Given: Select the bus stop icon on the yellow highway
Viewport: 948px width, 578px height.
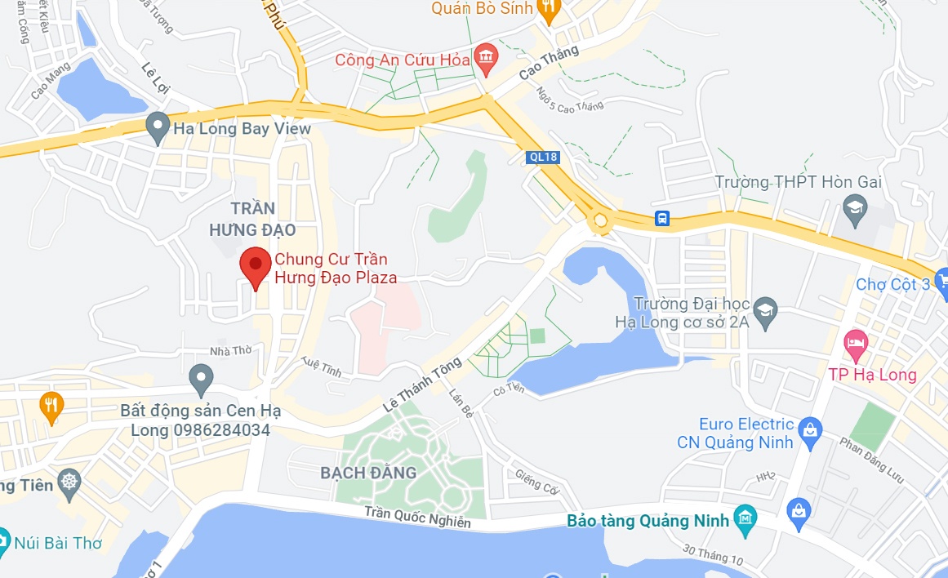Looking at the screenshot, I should point(662,218).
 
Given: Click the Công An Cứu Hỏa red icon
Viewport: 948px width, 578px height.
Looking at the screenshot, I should point(487,56).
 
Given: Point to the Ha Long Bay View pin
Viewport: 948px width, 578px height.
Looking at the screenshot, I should point(157,127).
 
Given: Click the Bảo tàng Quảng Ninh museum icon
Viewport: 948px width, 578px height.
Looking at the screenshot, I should point(745,520).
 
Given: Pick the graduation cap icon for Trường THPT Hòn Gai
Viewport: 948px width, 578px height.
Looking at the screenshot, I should point(855,205).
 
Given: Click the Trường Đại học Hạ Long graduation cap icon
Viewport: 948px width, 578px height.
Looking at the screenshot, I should point(765,310).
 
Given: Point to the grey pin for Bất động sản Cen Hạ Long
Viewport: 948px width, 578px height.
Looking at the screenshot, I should point(201,378).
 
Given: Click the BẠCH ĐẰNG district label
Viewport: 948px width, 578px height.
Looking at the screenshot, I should point(368,473).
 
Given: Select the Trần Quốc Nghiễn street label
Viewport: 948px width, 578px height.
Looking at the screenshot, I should point(418,517).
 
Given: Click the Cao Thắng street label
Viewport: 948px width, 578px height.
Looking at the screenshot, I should point(549,62).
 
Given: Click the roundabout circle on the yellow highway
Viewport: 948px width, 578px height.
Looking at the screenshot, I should point(601,220).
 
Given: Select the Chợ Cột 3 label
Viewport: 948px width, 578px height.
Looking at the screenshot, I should point(892,284).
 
